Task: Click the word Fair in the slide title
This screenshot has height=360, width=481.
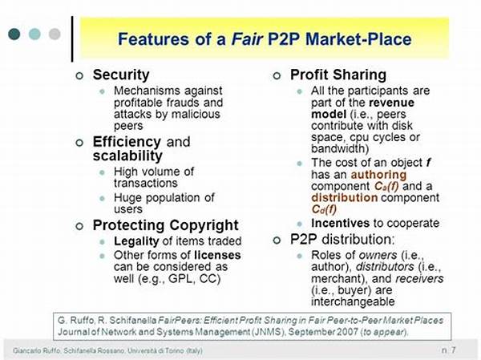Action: (x=247, y=39)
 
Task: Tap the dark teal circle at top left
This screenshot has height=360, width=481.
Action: (x=14, y=34)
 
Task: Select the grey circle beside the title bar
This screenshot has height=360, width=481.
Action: (x=55, y=34)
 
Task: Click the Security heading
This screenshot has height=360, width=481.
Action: (x=121, y=75)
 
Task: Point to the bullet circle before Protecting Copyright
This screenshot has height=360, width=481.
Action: (x=79, y=226)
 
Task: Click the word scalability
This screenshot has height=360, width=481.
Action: (x=127, y=156)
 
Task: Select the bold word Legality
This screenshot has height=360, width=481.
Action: (x=136, y=241)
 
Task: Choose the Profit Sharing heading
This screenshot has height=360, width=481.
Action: (x=338, y=75)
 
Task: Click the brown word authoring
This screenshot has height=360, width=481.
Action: (x=379, y=175)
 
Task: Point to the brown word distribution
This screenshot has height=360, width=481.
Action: (x=345, y=198)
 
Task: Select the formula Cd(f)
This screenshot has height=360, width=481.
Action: (x=324, y=209)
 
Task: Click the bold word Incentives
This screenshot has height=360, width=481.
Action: (x=340, y=223)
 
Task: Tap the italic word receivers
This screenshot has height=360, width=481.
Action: (x=419, y=278)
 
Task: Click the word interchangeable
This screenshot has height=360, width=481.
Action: (x=353, y=301)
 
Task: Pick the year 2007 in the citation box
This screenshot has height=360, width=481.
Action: (x=348, y=332)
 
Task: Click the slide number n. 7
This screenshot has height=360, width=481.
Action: (x=449, y=350)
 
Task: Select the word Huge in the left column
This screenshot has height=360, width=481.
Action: (x=128, y=198)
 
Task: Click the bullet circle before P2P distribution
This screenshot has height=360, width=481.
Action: (x=277, y=240)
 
